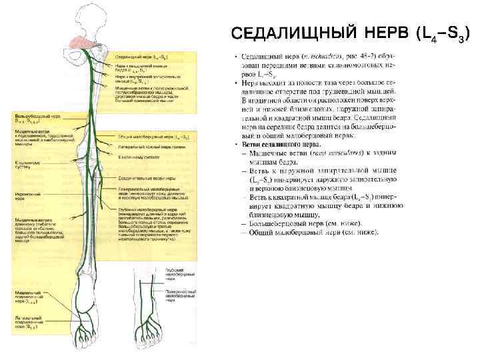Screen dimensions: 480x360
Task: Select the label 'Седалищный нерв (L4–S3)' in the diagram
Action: pyautogui.click(x=144, y=57)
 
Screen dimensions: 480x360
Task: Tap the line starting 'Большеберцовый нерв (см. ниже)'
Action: pyautogui.click(x=305, y=224)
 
